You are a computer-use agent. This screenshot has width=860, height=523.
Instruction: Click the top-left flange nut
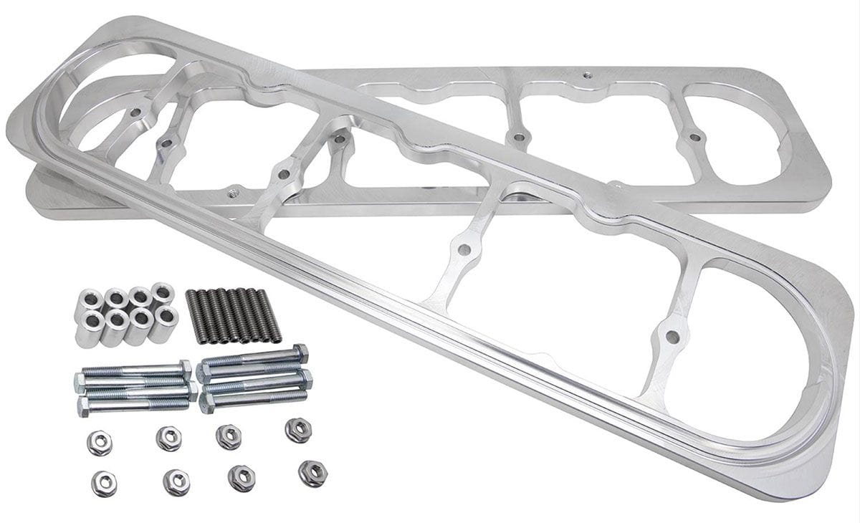coord(100,443)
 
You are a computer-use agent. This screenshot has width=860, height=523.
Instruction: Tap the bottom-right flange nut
coord(312,474)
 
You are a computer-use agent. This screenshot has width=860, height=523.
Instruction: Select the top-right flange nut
coord(298,430)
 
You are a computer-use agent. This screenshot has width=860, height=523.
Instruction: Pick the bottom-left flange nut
coord(104,484)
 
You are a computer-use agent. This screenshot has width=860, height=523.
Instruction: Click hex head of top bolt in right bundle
coord(300,353)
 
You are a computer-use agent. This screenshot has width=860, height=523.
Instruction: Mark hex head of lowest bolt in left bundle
coord(83,407)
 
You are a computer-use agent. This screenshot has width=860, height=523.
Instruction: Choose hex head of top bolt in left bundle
coord(185,368)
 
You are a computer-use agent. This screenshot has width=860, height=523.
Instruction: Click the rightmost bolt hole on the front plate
coord(672,336)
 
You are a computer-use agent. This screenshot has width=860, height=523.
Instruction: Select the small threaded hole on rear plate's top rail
coord(587,74)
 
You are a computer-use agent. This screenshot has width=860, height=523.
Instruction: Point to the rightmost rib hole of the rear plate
coord(692,135)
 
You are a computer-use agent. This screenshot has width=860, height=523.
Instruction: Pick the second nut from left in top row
coord(168,438)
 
